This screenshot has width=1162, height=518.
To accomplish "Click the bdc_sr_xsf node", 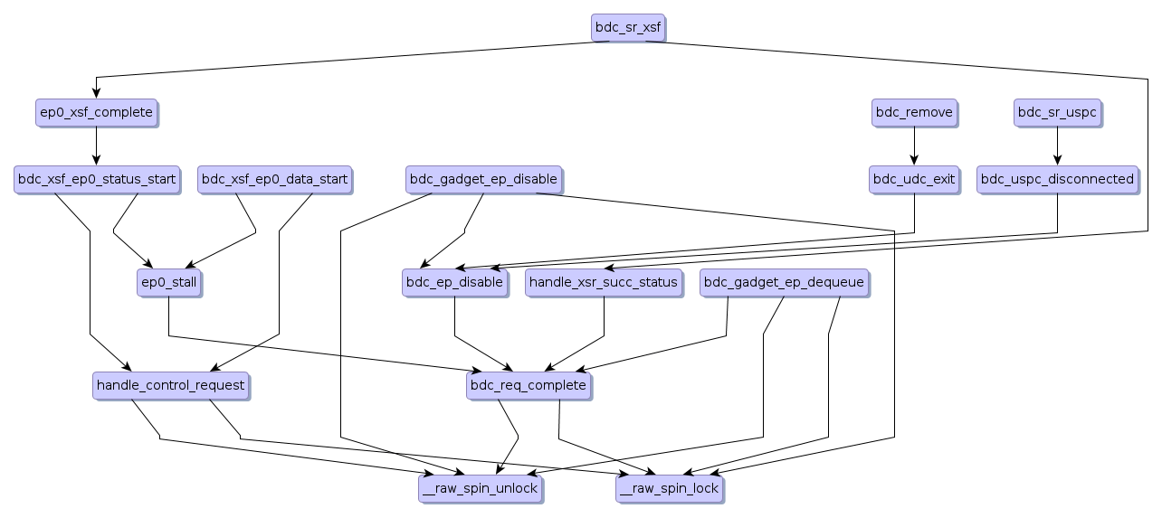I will (629, 27).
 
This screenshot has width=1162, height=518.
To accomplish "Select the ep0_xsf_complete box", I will (96, 112).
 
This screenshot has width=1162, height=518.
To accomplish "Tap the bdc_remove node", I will (914, 112).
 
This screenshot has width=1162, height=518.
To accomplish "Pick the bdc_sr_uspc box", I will (1058, 112).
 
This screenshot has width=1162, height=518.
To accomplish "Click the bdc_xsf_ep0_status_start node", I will (96, 179).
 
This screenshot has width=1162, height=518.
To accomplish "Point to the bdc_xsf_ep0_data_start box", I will (274, 179).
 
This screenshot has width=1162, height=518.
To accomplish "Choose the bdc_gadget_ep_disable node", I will (483, 179).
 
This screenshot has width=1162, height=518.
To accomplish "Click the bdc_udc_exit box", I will (914, 179).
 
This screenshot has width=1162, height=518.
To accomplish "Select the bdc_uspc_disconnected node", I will (1058, 179).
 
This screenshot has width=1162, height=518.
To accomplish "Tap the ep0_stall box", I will (168, 282).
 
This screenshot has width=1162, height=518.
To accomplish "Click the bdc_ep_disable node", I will (453, 282).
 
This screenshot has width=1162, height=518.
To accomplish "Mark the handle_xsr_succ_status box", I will (604, 282).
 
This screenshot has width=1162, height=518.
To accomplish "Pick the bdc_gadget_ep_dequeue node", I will (785, 282).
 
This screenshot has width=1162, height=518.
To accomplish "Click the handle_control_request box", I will (170, 385).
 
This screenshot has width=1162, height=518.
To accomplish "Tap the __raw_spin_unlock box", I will (481, 488).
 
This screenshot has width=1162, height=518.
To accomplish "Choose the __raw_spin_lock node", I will (670, 488).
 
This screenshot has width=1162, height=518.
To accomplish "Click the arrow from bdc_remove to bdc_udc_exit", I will (914, 146).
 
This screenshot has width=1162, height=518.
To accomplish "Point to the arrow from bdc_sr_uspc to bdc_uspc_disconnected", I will (1058, 146).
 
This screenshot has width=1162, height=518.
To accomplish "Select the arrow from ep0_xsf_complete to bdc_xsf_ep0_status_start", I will (96, 146).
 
